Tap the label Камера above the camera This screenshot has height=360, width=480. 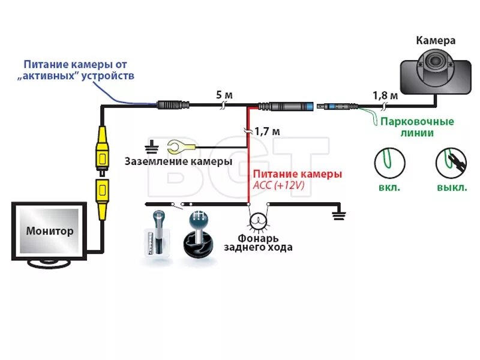436,41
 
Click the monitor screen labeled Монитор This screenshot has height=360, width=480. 50,230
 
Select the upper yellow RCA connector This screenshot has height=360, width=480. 103,149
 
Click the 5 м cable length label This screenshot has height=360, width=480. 224,95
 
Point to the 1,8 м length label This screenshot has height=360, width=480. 385,95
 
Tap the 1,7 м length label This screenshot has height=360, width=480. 267,130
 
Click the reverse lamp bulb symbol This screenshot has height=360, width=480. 259,220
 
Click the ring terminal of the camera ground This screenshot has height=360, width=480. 177,146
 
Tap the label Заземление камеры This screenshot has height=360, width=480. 178,161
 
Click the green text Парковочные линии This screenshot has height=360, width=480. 417,127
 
